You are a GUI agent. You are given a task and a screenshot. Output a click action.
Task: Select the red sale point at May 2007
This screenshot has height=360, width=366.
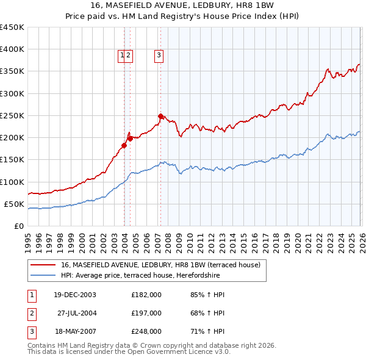(x=160, y=116)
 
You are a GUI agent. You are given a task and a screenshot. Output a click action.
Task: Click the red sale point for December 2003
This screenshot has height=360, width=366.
(x=124, y=145)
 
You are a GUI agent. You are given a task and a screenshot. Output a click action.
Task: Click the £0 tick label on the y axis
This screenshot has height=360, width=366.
(x=18, y=226)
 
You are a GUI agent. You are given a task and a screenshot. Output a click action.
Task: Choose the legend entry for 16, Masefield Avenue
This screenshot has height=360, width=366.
(x=160, y=265)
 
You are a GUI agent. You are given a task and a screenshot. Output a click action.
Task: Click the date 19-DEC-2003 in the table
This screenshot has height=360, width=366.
(x=74, y=295)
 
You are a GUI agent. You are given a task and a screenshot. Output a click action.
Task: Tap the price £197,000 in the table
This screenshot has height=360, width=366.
(x=146, y=313)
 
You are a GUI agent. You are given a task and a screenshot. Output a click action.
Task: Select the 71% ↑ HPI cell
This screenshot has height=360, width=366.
(x=207, y=331)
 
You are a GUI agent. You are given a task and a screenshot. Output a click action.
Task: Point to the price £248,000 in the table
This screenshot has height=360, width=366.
(x=146, y=331)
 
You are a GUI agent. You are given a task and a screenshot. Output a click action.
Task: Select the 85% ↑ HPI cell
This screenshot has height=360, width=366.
(x=207, y=295)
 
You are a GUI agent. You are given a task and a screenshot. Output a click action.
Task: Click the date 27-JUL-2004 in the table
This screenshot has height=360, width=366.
(x=74, y=313)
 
